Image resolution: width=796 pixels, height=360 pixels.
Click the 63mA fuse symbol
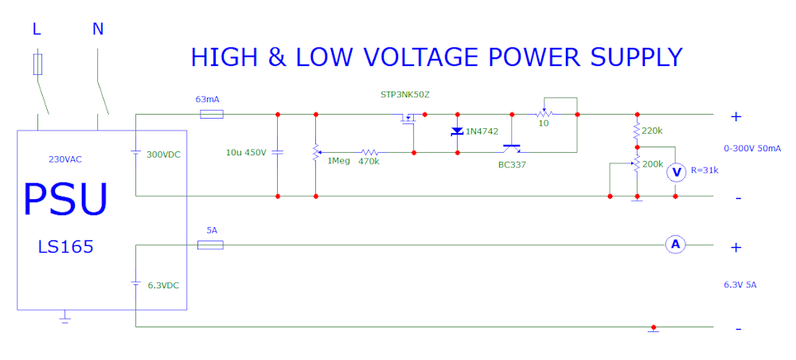pos(212,114)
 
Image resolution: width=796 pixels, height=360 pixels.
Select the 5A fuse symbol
pos(209,245)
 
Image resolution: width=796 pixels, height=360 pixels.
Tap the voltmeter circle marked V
pos(676,173)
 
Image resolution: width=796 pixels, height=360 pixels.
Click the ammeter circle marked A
pos(675,245)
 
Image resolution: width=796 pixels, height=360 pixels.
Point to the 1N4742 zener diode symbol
pos(457,131)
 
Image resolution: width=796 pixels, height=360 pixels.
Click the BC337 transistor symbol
pos(512,149)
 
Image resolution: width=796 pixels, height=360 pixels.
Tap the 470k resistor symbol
pos(369,152)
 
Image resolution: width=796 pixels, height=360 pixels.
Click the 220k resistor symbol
pos(637,131)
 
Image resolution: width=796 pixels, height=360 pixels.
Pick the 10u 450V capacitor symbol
pos(277,152)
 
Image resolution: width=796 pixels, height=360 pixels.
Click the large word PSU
pos(66,198)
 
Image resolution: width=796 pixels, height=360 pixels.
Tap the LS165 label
pos(65,247)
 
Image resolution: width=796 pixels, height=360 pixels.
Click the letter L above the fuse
pos(37,29)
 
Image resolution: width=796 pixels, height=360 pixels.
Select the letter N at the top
pos(98,29)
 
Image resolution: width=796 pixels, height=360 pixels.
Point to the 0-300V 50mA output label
pos(752,149)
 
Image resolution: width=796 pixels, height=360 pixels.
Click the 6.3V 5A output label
pos(740,285)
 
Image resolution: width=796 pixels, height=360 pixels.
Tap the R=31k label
pos(704,170)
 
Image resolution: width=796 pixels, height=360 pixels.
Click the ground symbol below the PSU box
pos(64,318)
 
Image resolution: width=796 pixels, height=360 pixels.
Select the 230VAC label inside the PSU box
pos(66,159)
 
